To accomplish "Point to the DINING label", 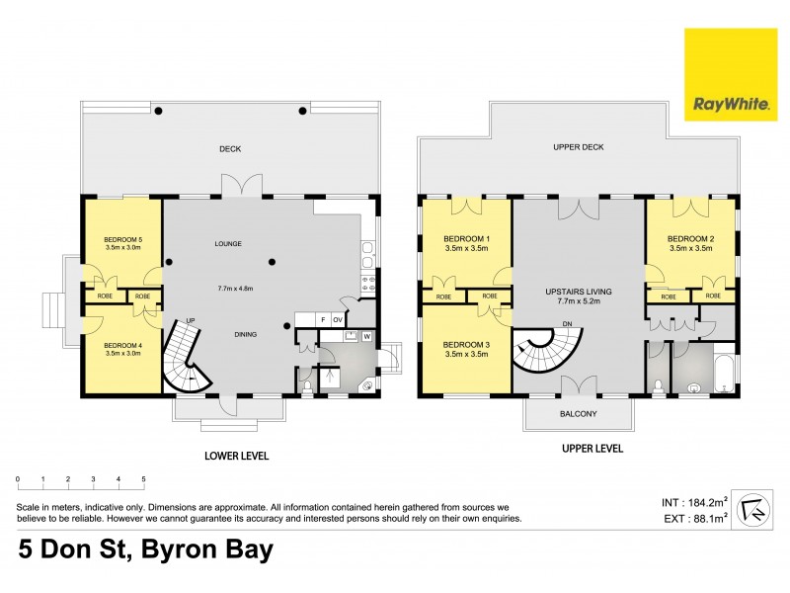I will [246, 334].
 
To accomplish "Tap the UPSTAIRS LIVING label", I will [579, 293].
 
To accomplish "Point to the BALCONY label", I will [578, 414].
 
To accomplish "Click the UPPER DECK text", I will [579, 147].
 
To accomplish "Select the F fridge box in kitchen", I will [323, 320].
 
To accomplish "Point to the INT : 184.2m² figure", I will [697, 500].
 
